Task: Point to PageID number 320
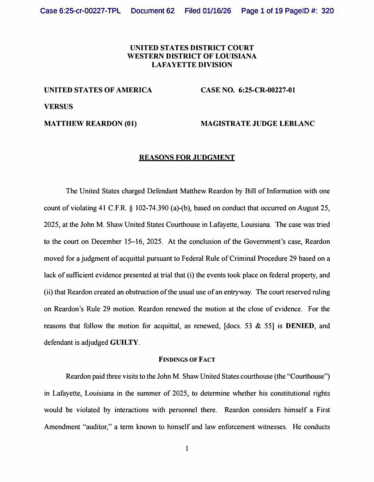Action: [x=327, y=11]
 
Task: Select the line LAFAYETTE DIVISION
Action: [x=192, y=65]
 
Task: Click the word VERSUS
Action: [x=59, y=106]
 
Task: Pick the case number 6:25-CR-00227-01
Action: [x=267, y=90]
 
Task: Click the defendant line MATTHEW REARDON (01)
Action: [x=90, y=123]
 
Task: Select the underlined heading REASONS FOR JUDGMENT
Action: [x=187, y=158]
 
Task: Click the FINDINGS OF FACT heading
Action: [x=187, y=360]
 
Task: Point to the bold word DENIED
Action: [x=300, y=326]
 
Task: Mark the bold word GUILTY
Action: [x=124, y=343]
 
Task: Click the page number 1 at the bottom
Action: [x=187, y=449]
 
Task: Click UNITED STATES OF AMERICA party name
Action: [x=98, y=90]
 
